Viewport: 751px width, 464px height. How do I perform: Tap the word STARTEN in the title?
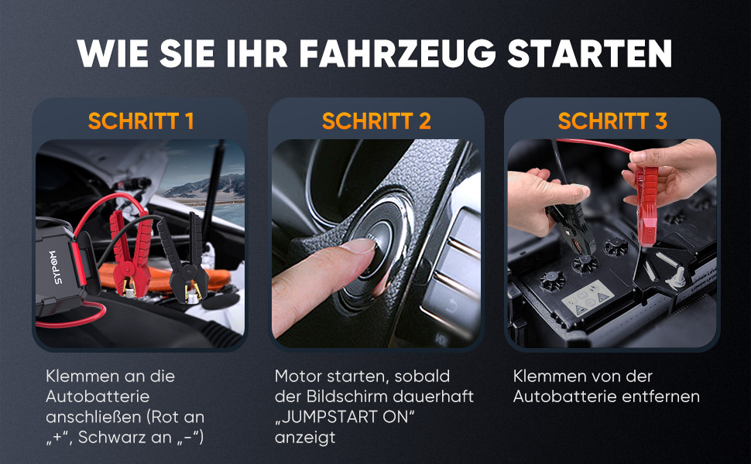point(590,53)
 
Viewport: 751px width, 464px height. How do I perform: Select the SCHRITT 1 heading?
point(141,121)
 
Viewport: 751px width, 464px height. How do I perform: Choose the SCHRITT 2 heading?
point(376,121)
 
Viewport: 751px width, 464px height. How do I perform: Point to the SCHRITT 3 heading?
point(612,121)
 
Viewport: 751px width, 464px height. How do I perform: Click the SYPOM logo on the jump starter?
point(55,267)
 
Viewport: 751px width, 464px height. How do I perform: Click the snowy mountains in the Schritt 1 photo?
point(206,186)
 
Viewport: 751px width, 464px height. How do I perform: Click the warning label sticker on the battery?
point(588,298)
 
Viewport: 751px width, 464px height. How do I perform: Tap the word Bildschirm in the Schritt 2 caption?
point(347,397)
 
